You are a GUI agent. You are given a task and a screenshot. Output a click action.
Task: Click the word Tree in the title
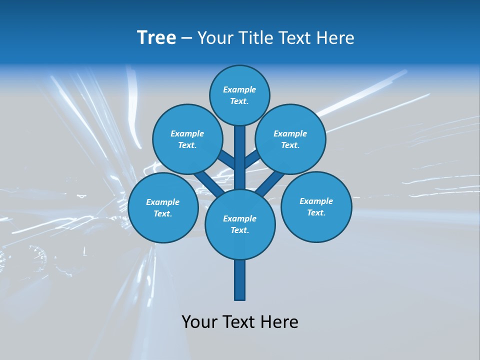[156, 38]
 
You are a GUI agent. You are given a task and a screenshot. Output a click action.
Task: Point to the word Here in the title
[336, 38]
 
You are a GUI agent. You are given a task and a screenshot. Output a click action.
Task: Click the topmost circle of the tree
[239, 95]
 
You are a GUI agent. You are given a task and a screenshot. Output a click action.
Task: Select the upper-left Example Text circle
[187, 139]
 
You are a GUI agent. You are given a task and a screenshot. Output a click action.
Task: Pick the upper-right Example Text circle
[290, 139]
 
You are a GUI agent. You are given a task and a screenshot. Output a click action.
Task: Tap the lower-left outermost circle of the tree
[163, 207]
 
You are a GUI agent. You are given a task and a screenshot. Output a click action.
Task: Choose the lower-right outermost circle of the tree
[316, 206]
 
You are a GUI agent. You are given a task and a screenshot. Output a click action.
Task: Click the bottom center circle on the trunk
[240, 224]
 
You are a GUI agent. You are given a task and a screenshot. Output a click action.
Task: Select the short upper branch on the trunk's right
[252, 159]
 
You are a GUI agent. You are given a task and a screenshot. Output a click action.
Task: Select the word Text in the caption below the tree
[240, 322]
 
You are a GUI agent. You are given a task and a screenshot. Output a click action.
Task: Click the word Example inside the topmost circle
[239, 90]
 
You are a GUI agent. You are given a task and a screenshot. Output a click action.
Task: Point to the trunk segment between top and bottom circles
[240, 160]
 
